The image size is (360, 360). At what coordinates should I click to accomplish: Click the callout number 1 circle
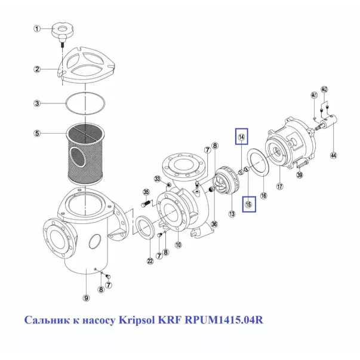coord(36,29)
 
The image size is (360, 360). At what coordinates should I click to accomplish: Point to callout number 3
coord(36,103)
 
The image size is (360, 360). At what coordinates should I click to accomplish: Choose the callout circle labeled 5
coord(36,133)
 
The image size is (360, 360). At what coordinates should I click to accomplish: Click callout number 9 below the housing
coord(86,298)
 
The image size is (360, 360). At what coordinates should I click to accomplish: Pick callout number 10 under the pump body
coord(177,244)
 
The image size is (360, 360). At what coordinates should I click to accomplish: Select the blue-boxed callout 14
coord(242,138)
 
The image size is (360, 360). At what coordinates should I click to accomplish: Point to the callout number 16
coord(263,195)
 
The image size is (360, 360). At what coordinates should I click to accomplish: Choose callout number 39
coord(300,175)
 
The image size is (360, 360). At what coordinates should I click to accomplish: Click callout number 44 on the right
coord(333,156)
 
